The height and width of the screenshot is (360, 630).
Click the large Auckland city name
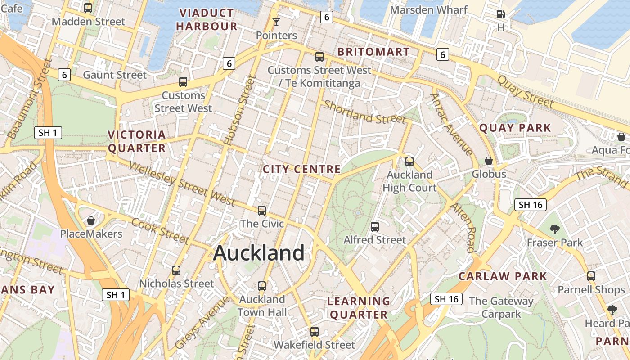point(259,253)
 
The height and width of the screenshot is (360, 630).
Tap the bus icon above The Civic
point(262,210)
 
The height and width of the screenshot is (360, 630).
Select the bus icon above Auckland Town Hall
point(262,286)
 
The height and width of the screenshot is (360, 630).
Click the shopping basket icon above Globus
point(489,160)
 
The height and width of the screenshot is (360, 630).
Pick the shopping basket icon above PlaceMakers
point(91,220)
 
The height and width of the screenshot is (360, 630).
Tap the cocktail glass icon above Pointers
point(276,22)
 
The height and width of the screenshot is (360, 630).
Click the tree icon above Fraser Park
point(555,229)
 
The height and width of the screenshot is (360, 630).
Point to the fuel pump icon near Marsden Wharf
point(500,14)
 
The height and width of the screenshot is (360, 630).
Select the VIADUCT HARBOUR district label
point(207,19)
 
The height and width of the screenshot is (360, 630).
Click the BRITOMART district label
point(373,52)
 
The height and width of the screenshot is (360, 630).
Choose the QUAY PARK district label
point(515,128)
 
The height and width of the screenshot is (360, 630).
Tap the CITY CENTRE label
point(301,169)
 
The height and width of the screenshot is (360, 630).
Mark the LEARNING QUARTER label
point(359,308)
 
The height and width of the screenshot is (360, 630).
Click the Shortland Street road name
point(364,112)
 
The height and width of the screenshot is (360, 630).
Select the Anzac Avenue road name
point(451,124)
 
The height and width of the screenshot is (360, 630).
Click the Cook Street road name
point(161,230)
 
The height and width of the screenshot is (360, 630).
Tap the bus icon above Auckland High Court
point(409,161)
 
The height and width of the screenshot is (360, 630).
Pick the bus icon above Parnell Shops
point(591,276)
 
